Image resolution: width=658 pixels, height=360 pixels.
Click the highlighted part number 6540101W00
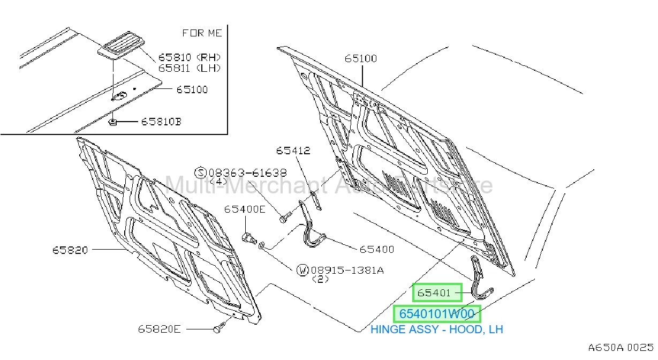[437, 314]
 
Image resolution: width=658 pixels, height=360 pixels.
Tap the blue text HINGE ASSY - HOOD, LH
[437, 329]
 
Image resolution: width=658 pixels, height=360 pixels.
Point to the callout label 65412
[293, 151]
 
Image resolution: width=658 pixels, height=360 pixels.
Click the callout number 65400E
[245, 209]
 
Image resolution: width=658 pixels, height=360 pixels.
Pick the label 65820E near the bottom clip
[159, 329]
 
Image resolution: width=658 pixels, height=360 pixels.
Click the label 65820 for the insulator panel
[70, 250]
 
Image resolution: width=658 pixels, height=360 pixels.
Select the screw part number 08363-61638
[248, 172]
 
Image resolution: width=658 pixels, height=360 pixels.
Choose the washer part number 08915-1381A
[347, 270]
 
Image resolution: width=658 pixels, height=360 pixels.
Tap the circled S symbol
[201, 172]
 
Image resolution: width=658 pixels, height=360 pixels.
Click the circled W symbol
[302, 270]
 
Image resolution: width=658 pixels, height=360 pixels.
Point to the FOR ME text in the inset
[202, 33]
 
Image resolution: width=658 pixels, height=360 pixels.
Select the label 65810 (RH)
[190, 57]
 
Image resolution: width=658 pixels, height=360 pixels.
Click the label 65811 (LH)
[190, 68]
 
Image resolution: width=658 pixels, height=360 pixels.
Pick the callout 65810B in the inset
[161, 122]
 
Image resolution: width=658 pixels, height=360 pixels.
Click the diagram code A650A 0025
[621, 348]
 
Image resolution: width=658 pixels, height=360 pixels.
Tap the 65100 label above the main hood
[361, 58]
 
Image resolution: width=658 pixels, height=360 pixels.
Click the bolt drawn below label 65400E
[249, 238]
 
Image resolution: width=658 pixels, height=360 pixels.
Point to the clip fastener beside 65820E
[219, 328]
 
